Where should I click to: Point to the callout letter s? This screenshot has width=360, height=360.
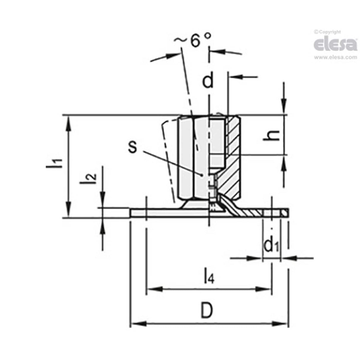133,147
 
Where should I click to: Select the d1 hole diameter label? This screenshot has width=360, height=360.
272,246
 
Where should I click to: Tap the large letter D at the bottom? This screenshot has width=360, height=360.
209,311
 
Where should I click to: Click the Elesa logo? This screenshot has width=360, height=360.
335,44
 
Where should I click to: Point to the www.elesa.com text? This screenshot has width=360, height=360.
335,58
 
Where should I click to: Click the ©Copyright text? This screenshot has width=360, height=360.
327,32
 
